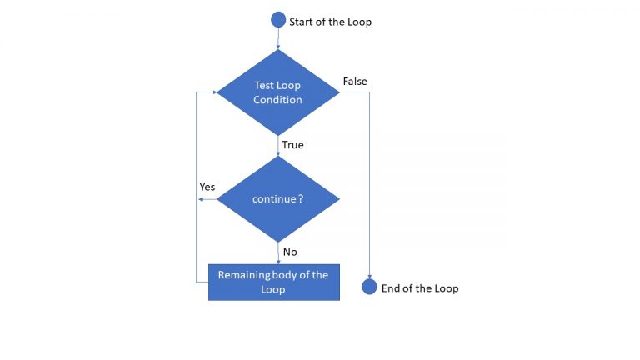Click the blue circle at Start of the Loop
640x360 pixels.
pos(278,21)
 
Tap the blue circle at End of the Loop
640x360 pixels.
pos(369,287)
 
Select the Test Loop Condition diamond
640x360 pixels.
pos(277,92)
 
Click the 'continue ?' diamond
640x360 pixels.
pos(277,199)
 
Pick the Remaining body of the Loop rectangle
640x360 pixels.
pos(273,282)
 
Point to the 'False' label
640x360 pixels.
pos(355,81)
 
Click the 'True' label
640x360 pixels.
pos(292,145)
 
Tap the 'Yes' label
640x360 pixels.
pos(207,187)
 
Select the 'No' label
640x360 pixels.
pos(290,252)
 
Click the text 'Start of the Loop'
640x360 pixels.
pos(330,22)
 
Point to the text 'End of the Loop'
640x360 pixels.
pos(420,288)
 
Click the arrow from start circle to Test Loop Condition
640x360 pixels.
pos(278,39)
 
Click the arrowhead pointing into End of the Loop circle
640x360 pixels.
pos(369,275)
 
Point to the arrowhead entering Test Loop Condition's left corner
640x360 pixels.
pos(212,92)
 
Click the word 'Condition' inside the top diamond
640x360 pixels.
pos(277,100)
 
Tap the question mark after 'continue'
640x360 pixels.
pos(301,200)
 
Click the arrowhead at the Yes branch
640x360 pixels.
pos(199,199)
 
